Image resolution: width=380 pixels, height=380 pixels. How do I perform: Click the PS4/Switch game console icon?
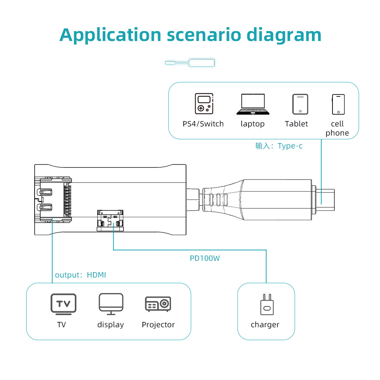(x=204, y=104)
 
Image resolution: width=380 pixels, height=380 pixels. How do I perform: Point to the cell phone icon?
(x=338, y=104)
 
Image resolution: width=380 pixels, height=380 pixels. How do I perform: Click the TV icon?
(x=63, y=304)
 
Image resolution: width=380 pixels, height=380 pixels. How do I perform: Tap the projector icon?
(x=158, y=304)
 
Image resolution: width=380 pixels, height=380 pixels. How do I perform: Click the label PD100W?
(x=205, y=259)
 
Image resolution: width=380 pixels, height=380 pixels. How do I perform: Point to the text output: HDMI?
(x=81, y=275)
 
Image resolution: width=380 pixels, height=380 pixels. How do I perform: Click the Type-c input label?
(x=279, y=146)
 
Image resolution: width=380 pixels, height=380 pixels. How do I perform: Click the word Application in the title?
(x=110, y=35)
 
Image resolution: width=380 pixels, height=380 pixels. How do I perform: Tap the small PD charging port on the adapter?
(x=110, y=220)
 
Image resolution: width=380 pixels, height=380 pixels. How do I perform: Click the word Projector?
(x=158, y=325)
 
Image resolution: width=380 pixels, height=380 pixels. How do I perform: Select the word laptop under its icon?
(x=253, y=124)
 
